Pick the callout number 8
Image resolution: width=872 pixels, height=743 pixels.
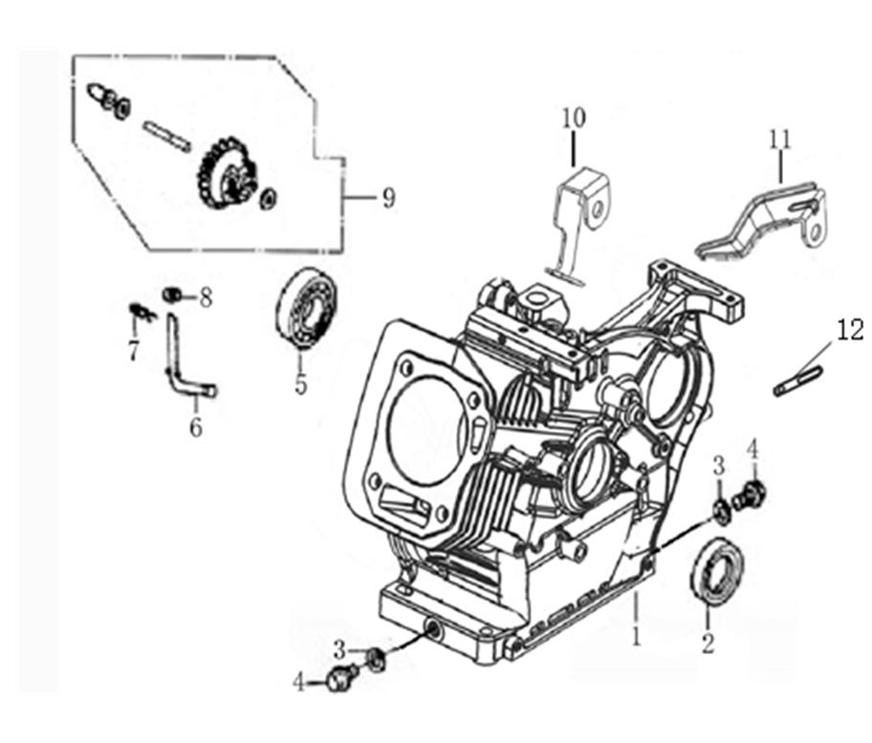point(206,297)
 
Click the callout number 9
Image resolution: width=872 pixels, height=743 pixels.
point(387,198)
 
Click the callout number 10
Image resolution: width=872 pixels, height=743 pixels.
point(573,119)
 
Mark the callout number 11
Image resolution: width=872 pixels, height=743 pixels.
point(779,139)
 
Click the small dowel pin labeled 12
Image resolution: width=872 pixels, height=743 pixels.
point(797,380)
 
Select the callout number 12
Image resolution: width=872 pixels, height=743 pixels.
point(849,331)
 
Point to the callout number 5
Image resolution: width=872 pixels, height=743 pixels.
point(300,385)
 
